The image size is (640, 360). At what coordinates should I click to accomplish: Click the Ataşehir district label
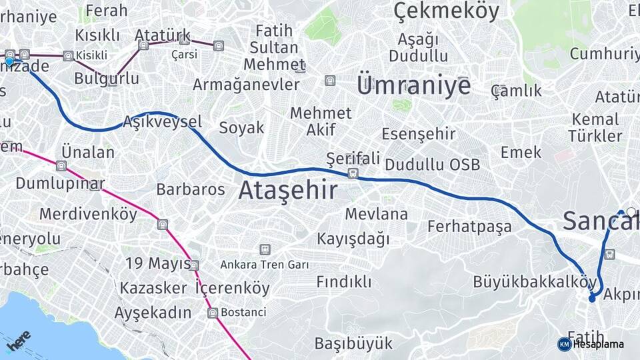point(287,191)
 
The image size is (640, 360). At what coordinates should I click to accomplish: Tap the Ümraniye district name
point(413,85)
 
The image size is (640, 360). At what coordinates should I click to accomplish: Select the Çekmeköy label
point(446,11)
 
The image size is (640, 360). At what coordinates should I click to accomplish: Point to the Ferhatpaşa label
point(469,226)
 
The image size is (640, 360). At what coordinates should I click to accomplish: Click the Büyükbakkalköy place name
point(535,281)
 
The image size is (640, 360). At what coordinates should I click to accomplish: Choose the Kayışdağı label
point(353,238)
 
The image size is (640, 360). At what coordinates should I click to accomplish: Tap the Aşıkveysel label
point(162,122)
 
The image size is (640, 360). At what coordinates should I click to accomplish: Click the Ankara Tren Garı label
point(265,265)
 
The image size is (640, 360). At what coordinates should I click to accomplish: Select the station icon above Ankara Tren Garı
point(265,249)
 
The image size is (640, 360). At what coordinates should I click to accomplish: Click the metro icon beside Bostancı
point(213,313)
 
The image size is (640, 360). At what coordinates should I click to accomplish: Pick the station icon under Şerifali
point(353,173)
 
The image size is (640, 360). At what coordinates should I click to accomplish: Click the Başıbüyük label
point(353,344)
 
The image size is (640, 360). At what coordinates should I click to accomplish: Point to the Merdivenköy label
point(88,214)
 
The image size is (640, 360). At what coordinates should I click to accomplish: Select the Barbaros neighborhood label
point(191,189)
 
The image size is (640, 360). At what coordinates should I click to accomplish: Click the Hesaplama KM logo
point(564,344)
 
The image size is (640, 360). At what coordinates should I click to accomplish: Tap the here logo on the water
point(18,340)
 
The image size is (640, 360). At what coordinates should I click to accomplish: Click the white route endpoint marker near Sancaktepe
point(631,212)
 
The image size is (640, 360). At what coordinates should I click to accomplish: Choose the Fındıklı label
point(344,281)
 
